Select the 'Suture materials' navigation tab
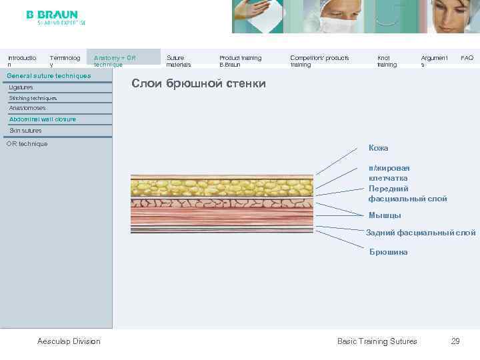pos(178,61)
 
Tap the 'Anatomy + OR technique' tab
pos(114,61)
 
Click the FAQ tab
pos(467,58)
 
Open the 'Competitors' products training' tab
pos(319,61)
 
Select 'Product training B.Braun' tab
pos(240,61)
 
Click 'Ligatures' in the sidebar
pos(21,87)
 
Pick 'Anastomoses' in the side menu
pos(27,108)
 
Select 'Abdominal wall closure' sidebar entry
pos(43,119)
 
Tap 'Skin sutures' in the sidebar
pos(25,131)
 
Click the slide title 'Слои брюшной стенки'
pos(199,84)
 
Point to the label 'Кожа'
pos(378,148)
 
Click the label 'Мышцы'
pos(385,215)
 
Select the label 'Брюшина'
pos(388,252)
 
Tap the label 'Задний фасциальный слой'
pos(421,233)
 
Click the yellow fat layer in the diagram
pos(221,185)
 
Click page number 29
pos(455,341)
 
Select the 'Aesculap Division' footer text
pos(69,341)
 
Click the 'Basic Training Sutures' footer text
pos(377,341)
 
